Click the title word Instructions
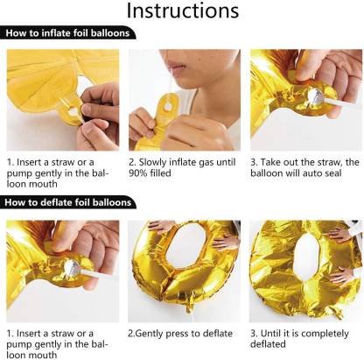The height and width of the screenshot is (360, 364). (183, 11)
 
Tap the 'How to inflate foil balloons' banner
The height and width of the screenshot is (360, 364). (67, 33)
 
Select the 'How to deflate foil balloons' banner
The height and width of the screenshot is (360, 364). (68, 202)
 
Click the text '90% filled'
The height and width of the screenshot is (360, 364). (150, 173)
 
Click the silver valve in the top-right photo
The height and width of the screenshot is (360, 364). (315, 95)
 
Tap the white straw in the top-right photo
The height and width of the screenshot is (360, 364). (342, 102)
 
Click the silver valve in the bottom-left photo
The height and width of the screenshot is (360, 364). (72, 268)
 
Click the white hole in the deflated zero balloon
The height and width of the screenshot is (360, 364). (306, 258)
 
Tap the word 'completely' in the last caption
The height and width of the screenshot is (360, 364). (325, 334)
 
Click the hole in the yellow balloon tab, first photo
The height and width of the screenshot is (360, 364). (72, 111)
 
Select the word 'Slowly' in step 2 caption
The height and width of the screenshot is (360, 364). (152, 162)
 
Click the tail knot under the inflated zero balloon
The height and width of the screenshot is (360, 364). (189, 306)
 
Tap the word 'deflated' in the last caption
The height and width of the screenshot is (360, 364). (268, 344)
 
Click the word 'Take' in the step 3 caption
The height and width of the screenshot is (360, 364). (270, 162)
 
